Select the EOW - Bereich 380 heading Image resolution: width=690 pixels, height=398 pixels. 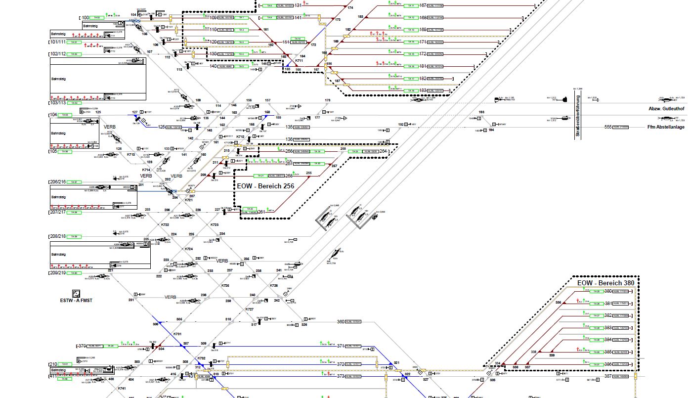coord(605,283)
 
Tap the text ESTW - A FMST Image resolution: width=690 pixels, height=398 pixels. coord(76,300)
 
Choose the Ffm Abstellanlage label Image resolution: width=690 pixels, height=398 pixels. coord(666,127)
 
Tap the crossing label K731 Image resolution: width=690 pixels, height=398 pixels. coord(177,334)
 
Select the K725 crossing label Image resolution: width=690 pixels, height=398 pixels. coord(225,286)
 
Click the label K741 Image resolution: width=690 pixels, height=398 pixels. coord(122,389)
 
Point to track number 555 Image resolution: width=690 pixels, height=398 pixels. coord(608,127)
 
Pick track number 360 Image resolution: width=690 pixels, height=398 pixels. coord(341,322)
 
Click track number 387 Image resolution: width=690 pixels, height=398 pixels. coord(608,377)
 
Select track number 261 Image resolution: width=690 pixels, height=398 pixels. coord(261,212)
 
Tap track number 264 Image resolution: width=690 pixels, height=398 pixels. coord(383,151)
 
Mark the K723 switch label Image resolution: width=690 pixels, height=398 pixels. coord(215,225)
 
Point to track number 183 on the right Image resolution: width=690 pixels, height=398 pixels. coord(423,90)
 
